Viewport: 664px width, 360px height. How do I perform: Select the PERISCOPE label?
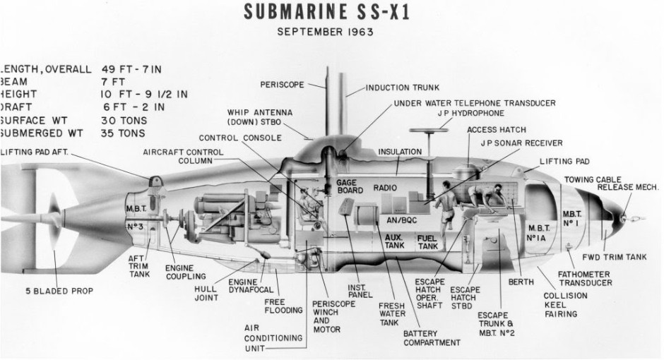click(x=282, y=85)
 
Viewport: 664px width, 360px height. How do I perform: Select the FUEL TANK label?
click(x=427, y=242)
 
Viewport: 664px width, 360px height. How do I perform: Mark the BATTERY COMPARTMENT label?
click(x=431, y=338)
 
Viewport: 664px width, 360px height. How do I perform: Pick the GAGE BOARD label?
click(x=343, y=186)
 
